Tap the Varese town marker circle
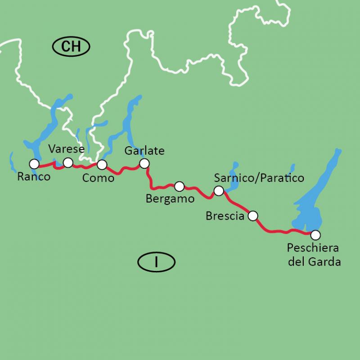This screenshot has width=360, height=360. [x=68, y=162]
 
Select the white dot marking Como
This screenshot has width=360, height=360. [x=102, y=164]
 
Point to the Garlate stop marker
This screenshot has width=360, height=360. [x=144, y=163]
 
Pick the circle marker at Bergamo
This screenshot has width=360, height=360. [x=179, y=186]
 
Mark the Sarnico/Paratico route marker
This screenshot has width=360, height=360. [x=219, y=191]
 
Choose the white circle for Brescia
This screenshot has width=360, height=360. [x=253, y=216]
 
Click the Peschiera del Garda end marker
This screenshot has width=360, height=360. [x=315, y=234]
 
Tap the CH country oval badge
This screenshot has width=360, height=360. [x=72, y=46]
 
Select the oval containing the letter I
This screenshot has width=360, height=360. [x=156, y=261]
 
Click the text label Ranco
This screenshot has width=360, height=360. [x=33, y=177]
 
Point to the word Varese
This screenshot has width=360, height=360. [x=67, y=149]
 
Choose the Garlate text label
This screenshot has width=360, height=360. [x=144, y=151]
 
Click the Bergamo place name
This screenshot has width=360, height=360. [x=170, y=198]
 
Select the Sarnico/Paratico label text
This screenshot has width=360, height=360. [x=259, y=178]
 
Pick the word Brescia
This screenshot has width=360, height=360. [x=225, y=216]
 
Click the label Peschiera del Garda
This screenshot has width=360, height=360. [x=314, y=255]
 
